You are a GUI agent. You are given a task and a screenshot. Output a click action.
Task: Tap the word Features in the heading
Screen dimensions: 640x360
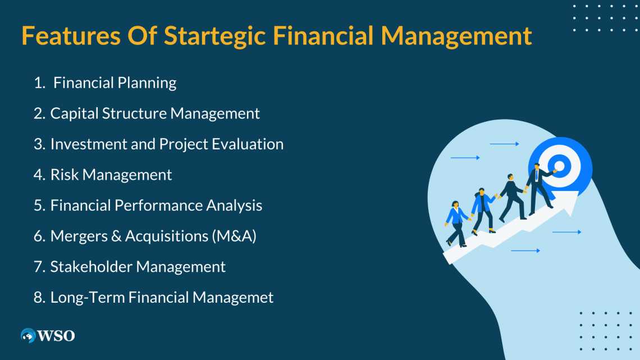tap(71, 35)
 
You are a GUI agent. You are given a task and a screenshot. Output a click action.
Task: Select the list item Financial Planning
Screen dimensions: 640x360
tap(115, 83)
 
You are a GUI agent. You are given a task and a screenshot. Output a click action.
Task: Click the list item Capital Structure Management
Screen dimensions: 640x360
tap(155, 113)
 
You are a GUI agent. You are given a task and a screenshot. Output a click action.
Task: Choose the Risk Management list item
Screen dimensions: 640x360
tap(111, 175)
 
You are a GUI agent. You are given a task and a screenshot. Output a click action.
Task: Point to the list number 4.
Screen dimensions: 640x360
tap(39, 175)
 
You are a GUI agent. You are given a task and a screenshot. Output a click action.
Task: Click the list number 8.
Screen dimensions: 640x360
tap(39, 298)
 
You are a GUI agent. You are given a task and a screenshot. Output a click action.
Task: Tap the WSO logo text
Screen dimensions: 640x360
tap(56, 336)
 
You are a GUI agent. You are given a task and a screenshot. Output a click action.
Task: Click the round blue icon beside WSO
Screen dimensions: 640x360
tap(28, 335)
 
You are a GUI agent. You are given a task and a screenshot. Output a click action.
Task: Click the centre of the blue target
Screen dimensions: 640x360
tap(559, 166)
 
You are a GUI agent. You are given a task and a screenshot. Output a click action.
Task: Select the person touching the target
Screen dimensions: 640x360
tap(539, 188)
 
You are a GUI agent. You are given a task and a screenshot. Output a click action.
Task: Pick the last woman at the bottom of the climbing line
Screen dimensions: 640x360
tap(456, 224)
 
